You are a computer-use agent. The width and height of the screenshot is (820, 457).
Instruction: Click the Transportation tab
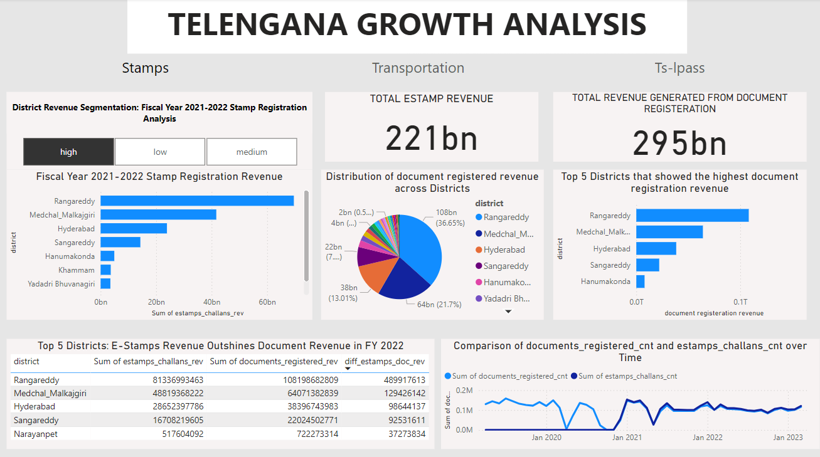coord(418,68)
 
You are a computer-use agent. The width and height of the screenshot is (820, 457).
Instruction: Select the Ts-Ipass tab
coord(680,68)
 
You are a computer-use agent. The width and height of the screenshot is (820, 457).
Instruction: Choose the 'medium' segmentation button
coord(252,152)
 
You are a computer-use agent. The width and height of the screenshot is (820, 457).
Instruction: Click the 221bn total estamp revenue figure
coord(432,139)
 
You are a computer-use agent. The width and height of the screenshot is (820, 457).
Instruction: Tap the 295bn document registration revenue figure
coord(679,143)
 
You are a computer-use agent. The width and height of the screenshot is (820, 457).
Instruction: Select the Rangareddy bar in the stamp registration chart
coord(197,201)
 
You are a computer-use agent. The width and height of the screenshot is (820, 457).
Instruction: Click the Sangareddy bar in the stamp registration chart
coord(120,242)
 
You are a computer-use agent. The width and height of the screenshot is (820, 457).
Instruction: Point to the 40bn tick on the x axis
coord(211,302)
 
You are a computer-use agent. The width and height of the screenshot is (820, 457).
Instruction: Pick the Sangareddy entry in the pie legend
coord(506,266)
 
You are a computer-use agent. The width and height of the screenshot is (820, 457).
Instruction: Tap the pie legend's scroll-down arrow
coord(509,312)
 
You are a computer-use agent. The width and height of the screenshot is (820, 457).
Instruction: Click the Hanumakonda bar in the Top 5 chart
coord(640,281)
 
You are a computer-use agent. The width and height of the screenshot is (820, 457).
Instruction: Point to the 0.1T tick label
coord(740,302)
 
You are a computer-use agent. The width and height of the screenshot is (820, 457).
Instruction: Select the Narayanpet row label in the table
coord(35,434)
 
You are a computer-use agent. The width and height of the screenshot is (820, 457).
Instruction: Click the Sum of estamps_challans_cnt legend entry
coord(627,376)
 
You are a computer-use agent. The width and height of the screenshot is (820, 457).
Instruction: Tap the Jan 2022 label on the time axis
coord(706,437)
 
